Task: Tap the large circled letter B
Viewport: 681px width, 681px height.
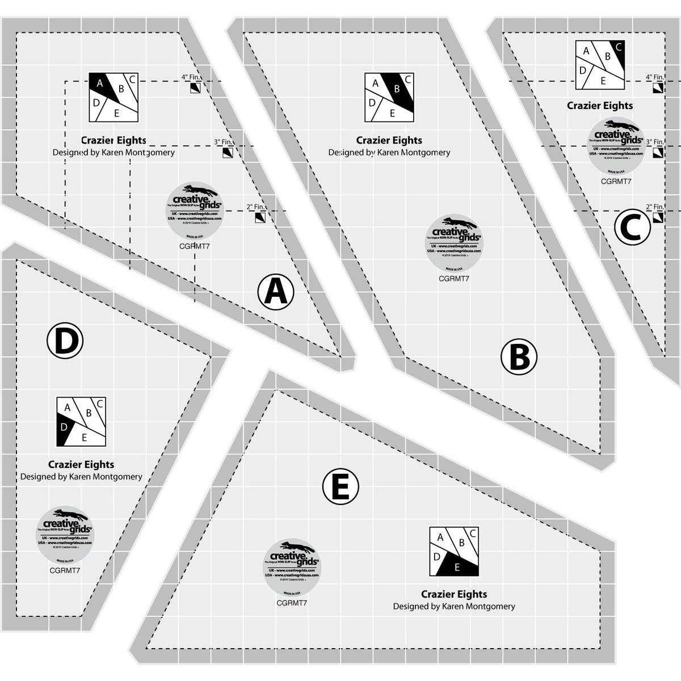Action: coord(519,358)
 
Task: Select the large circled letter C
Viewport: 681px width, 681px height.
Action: coord(632,227)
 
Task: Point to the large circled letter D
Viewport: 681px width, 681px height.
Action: coord(65,341)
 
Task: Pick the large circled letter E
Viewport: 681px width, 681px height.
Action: coord(340,486)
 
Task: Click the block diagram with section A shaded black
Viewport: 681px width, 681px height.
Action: coord(113,97)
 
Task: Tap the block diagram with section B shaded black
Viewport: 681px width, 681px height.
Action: coord(389,98)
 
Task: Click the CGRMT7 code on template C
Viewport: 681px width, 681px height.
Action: coord(616,182)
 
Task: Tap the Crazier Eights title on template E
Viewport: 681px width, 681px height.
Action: coord(454,594)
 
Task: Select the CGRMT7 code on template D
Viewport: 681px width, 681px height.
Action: coord(65,570)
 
